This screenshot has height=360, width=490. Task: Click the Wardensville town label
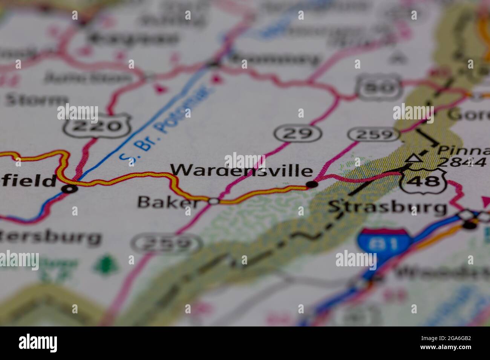coord(241,170)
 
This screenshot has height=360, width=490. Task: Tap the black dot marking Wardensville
coord(312,185)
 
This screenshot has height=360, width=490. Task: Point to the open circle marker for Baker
coord(214,201)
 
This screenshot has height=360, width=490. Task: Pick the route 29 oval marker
coord(298,133)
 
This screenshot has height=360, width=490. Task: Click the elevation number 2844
coord(463,162)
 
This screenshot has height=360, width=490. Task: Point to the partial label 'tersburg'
coord(51,238)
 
